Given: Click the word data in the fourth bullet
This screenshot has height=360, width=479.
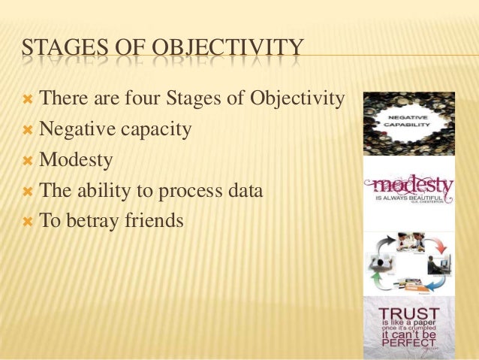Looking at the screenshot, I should coord(243,190).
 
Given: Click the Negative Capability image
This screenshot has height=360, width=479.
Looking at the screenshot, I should coord(408,123).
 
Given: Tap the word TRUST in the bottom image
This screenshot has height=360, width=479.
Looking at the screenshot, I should coord(409,311).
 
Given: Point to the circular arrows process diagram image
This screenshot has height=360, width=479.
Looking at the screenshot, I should coord(408,262).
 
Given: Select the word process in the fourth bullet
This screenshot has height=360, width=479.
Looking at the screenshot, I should coord(184,191).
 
